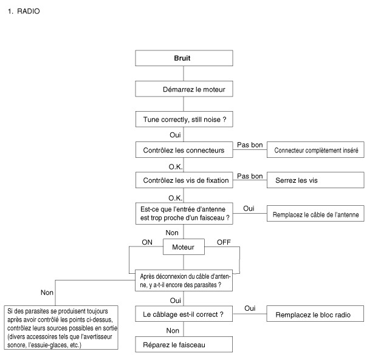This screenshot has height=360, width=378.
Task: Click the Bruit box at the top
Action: [184, 58]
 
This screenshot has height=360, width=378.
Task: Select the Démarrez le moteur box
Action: [184, 89]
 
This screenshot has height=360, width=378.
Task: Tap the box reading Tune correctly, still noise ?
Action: [184, 119]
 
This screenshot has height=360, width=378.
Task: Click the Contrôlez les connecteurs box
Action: [184, 150]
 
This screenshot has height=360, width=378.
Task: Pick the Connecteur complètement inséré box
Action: [315, 150]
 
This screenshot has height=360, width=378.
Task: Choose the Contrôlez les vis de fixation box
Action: [184, 180]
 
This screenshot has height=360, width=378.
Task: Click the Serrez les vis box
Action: [315, 180]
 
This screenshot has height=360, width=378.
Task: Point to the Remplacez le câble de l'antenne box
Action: [315, 213]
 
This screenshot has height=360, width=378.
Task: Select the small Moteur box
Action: [184, 247]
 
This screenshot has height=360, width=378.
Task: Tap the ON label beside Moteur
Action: [147, 242]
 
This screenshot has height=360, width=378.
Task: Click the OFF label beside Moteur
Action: [224, 242]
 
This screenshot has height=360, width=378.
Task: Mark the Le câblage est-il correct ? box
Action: [184, 314]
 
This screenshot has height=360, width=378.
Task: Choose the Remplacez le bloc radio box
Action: [315, 314]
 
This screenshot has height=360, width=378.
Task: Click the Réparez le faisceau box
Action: [184, 345]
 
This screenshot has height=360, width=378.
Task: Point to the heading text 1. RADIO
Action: [24, 12]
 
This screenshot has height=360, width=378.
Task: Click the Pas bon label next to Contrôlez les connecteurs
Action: [250, 145]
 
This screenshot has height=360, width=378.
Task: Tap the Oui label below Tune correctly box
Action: [175, 135]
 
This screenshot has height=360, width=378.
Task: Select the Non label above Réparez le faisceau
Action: [173, 331]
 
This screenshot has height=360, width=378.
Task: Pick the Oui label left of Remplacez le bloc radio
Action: [250, 308]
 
